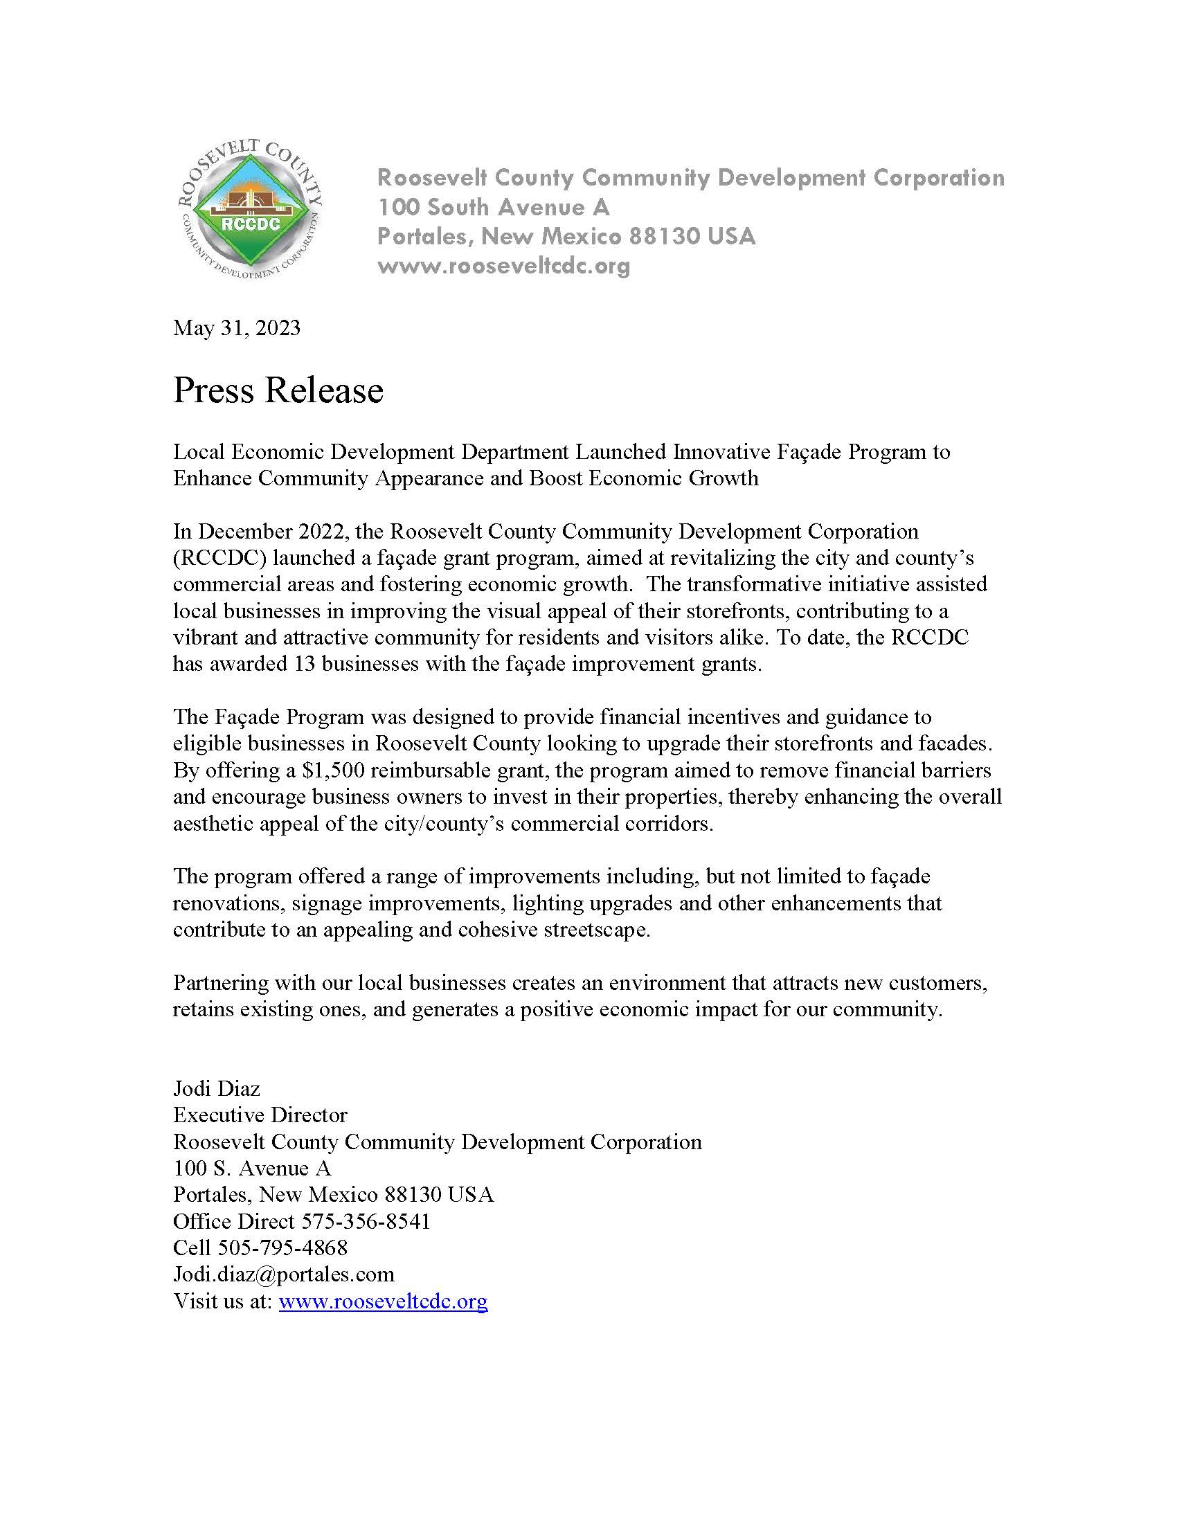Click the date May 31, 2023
tap(236, 327)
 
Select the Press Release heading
tap(278, 390)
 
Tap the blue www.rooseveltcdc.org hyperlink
tap(383, 1301)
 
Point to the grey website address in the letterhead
tap(503, 266)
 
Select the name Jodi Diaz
tap(216, 1088)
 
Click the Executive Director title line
tap(260, 1115)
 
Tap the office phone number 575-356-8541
tap(366, 1221)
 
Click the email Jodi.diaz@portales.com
tap(284, 1274)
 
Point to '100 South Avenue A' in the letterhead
tap(494, 207)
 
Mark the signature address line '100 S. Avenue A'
tap(252, 1168)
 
